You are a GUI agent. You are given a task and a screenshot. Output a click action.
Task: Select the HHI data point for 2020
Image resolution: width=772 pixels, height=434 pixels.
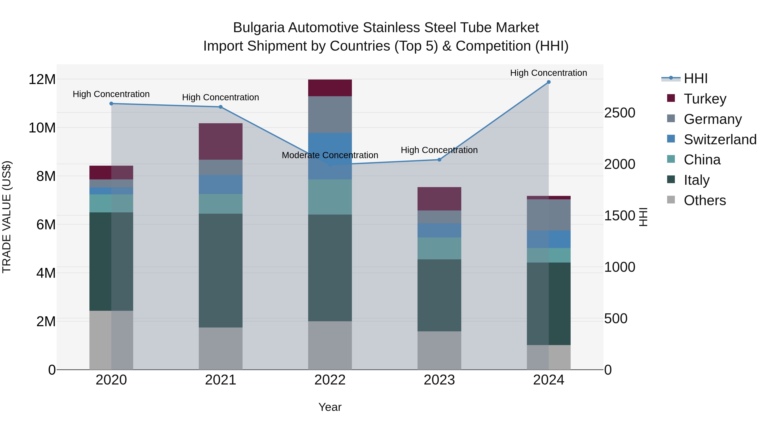pyautogui.click(x=111, y=104)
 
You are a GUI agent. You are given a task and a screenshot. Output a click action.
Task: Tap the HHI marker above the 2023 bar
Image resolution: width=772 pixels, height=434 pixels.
pyautogui.click(x=439, y=160)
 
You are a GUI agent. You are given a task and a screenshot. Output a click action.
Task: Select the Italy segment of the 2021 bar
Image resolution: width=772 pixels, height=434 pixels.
pyautogui.click(x=221, y=270)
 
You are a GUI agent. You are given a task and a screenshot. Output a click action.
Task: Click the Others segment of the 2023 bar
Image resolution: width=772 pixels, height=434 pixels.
pyautogui.click(x=439, y=350)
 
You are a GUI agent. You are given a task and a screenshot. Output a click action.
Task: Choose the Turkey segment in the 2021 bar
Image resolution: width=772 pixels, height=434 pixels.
pyautogui.click(x=221, y=141)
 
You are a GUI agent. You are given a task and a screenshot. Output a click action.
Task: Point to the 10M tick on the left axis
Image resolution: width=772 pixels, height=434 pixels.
pyautogui.click(x=42, y=128)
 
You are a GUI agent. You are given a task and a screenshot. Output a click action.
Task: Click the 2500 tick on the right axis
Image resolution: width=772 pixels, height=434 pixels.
pyautogui.click(x=620, y=113)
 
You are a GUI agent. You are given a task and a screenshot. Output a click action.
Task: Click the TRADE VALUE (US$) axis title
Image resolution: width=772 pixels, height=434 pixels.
pyautogui.click(x=7, y=217)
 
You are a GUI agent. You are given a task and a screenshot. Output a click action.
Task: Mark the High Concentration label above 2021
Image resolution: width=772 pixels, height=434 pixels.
pyautogui.click(x=221, y=97)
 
